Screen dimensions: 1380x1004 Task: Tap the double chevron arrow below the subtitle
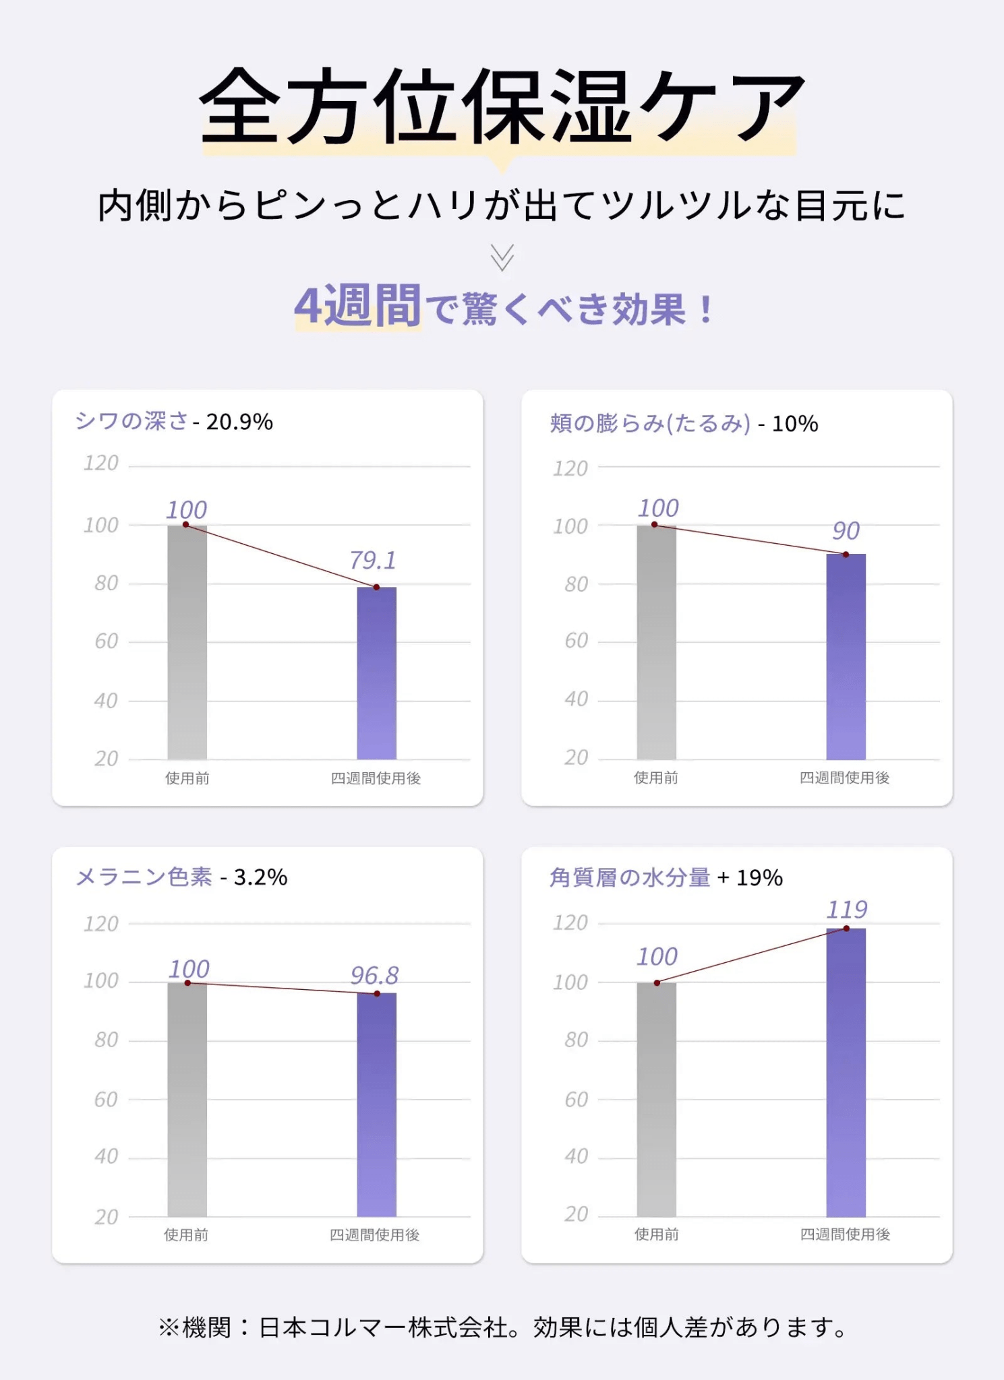(502, 257)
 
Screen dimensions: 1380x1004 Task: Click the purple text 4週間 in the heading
(357, 307)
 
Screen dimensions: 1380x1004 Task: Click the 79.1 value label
(372, 560)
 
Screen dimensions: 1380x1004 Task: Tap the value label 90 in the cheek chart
(846, 531)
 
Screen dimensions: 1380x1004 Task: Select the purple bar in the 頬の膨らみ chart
(846, 656)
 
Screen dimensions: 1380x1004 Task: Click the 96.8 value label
(374, 975)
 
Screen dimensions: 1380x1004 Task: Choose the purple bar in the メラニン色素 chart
(376, 1104)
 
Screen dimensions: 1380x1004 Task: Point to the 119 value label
(847, 910)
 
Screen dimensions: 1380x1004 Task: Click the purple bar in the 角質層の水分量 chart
(846, 1072)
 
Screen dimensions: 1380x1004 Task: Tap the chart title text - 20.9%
(233, 422)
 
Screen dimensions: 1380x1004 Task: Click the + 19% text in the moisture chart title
(750, 877)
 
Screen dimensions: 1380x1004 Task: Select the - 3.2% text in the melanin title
(254, 877)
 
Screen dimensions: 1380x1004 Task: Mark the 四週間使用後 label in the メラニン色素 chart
(374, 1234)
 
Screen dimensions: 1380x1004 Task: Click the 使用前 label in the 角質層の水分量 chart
(656, 1234)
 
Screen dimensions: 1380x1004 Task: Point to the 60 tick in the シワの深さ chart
(107, 641)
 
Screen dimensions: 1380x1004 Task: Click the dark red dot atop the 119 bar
(846, 929)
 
